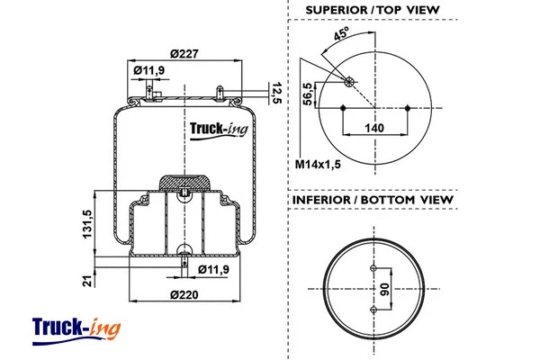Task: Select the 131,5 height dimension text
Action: point(86,224)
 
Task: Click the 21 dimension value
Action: point(86,281)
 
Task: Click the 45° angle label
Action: point(342,36)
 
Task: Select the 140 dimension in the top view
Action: point(375,128)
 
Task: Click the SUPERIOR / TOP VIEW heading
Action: point(372,10)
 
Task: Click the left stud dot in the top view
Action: point(343,108)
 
